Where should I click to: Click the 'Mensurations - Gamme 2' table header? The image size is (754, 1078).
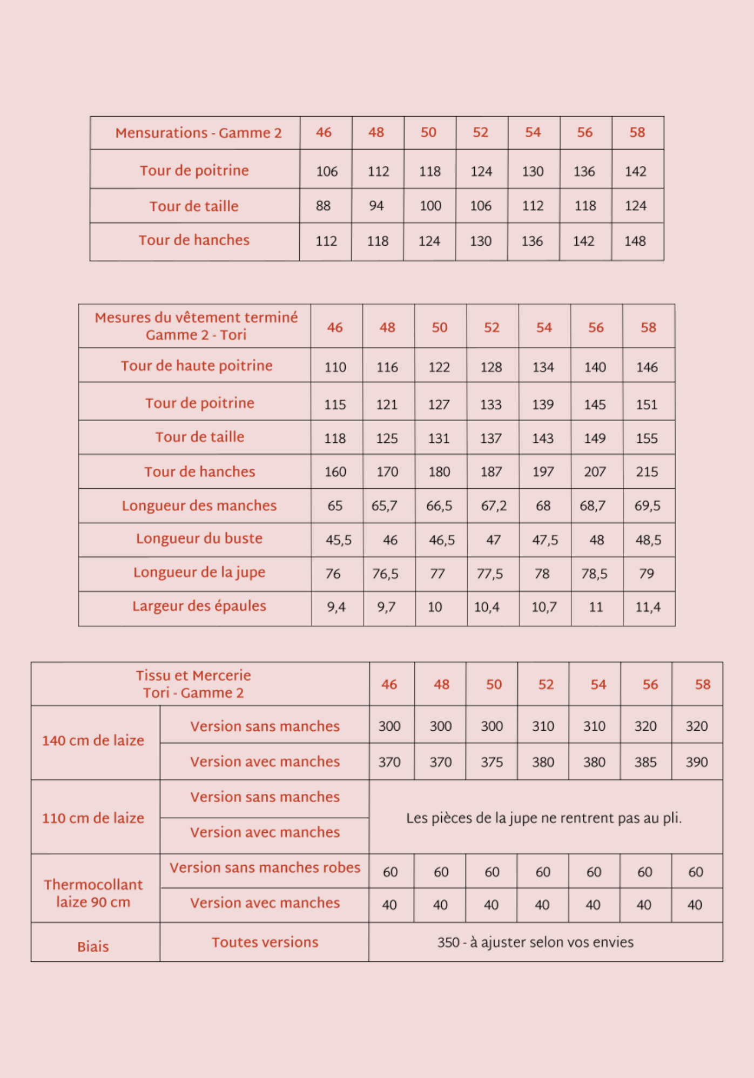pyautogui.click(x=198, y=133)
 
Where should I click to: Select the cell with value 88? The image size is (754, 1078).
pyautogui.click(x=323, y=206)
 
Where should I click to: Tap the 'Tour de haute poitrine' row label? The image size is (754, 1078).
pyautogui.click(x=197, y=366)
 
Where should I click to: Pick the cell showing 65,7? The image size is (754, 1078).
pyautogui.click(x=384, y=506)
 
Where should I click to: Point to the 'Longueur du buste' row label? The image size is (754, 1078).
pyautogui.click(x=199, y=538)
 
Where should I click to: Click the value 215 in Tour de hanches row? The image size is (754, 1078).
pyautogui.click(x=647, y=472)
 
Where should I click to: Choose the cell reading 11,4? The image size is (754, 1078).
pyautogui.click(x=648, y=607)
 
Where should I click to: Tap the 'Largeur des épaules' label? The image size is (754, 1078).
pyautogui.click(x=199, y=606)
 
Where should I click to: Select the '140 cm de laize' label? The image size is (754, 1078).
pyautogui.click(x=93, y=740)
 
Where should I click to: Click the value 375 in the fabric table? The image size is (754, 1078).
pyautogui.click(x=492, y=762)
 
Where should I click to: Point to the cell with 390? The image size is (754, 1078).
pyautogui.click(x=696, y=762)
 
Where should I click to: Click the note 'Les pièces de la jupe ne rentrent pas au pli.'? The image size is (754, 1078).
pyautogui.click(x=544, y=818)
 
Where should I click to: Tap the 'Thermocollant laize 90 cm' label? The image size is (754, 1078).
pyautogui.click(x=93, y=893)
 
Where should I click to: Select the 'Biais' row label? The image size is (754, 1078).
pyautogui.click(x=93, y=946)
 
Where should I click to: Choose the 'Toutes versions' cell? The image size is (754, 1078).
pyautogui.click(x=265, y=942)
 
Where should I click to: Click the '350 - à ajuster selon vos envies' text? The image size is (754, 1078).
pyautogui.click(x=535, y=942)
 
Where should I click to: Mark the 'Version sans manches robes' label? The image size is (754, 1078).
pyautogui.click(x=265, y=867)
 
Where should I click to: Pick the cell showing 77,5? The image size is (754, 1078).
pyautogui.click(x=489, y=574)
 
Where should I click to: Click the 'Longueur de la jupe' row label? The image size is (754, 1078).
pyautogui.click(x=199, y=572)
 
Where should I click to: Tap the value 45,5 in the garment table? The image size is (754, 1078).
pyautogui.click(x=338, y=540)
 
